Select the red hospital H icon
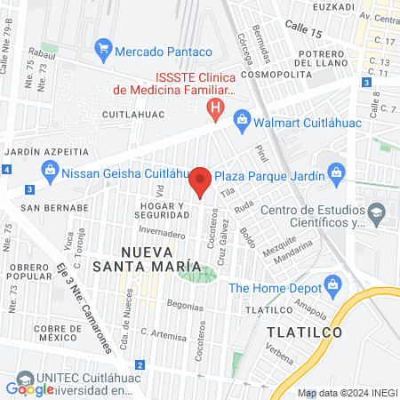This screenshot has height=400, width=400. (214, 110)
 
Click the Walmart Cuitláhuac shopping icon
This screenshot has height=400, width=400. (241, 119)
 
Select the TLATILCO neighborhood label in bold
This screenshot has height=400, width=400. (298, 332)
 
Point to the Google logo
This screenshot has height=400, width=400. (29, 388)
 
